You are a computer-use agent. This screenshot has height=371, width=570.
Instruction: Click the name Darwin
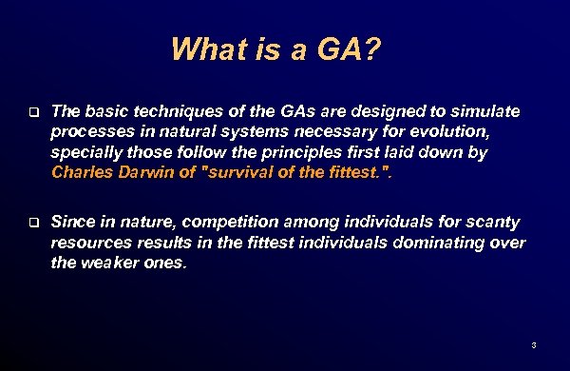[x=153, y=172]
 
